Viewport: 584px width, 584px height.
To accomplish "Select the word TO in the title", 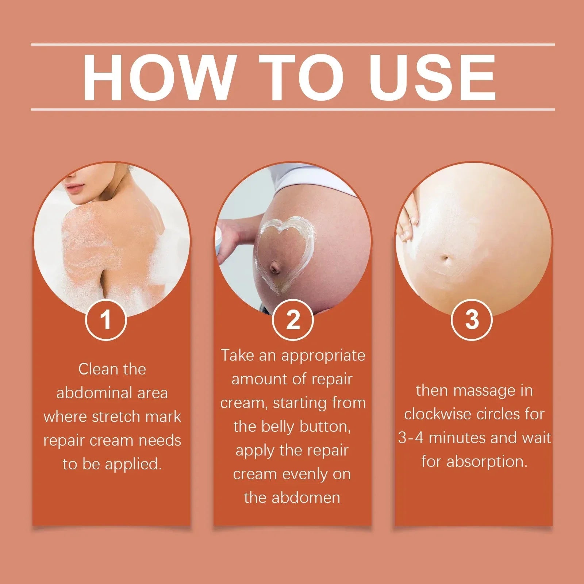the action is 301,77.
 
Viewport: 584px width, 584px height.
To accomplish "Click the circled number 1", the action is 106,320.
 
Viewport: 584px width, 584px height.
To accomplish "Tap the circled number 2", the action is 293,320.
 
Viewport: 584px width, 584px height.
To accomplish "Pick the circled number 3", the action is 472,320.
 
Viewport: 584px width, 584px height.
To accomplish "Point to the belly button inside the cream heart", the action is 275,269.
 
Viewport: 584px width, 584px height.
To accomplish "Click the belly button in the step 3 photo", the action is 446,259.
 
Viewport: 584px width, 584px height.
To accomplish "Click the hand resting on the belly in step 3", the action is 408,219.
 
